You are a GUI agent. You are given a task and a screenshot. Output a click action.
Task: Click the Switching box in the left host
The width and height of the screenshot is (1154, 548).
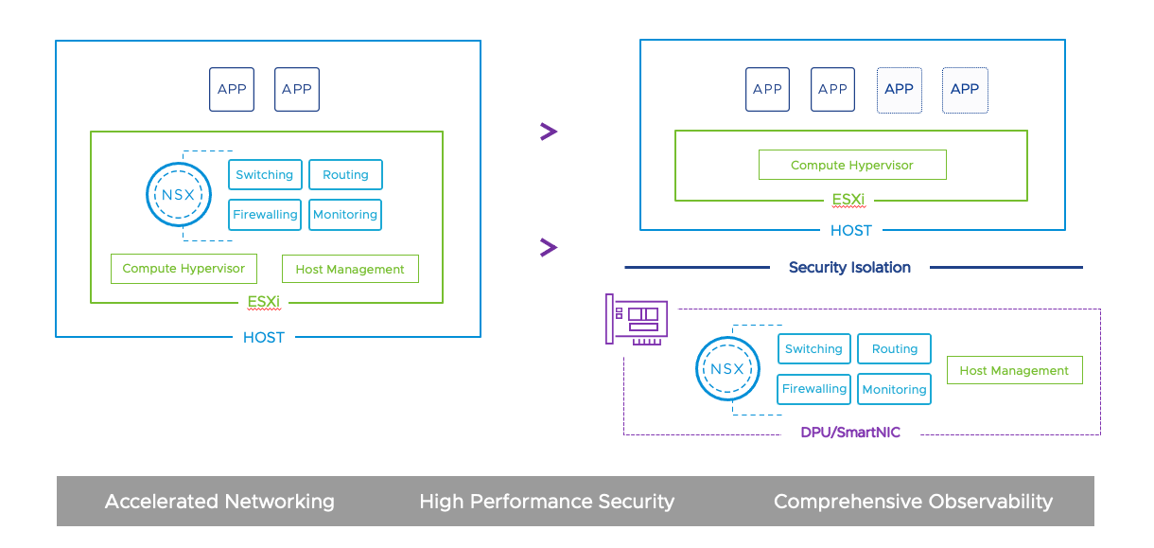coord(265,174)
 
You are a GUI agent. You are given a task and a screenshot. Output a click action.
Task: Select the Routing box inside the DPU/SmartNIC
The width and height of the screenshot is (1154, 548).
coord(894,348)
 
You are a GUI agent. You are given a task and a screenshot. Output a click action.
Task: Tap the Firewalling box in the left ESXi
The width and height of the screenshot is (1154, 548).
coord(265,215)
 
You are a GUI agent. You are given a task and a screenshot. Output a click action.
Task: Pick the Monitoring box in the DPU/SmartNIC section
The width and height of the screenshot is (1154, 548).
coord(894,389)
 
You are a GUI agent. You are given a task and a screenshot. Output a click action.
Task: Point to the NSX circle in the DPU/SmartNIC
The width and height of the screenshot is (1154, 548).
coord(727,368)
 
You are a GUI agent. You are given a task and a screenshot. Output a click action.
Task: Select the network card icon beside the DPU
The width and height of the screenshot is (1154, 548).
coord(637,319)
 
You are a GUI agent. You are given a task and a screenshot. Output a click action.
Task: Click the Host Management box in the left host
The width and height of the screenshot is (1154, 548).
coord(350,269)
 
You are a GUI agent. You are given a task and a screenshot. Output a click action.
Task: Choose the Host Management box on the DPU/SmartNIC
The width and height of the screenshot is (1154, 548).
coord(1014,370)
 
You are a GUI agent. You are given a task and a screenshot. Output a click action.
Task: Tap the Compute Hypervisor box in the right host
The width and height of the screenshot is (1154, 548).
coord(852,165)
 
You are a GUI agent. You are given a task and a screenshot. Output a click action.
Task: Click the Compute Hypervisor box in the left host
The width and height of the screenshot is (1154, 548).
coord(184,268)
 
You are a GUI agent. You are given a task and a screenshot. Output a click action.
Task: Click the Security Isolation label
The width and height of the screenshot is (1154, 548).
coord(849,267)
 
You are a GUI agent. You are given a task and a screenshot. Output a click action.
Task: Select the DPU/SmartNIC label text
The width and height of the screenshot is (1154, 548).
coord(850,433)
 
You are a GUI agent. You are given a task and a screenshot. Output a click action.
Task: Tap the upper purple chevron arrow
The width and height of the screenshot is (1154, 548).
coord(548,132)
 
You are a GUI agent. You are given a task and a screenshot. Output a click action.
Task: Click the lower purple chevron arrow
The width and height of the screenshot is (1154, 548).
coord(548,247)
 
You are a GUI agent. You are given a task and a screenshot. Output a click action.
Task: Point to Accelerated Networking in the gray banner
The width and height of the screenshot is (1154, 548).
coord(219,501)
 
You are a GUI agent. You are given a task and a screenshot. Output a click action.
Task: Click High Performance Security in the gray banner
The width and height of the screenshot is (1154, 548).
coord(547,501)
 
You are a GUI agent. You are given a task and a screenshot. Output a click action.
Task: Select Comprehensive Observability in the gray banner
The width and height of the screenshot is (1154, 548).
coord(913,501)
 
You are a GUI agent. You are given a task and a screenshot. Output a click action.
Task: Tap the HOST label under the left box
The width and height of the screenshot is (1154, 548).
coord(264,337)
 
